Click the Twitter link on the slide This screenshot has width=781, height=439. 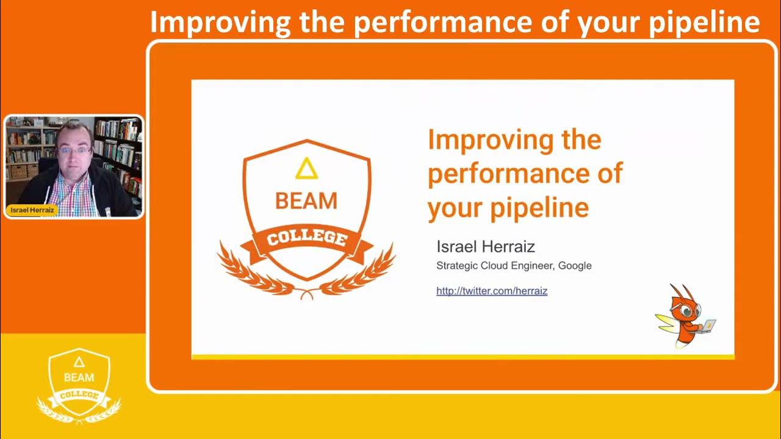tap(492, 291)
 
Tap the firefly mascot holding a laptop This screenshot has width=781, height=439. tap(685, 316)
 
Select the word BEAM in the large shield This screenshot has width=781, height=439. tap(306, 201)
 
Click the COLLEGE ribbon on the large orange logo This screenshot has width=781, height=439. tap(307, 238)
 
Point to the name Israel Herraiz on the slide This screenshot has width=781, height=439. tap(486, 247)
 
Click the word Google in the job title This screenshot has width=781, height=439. tap(575, 266)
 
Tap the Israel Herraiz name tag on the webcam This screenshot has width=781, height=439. tap(32, 210)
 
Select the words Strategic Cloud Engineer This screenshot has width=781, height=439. tap(495, 266)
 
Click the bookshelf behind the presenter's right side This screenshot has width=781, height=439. tap(119, 146)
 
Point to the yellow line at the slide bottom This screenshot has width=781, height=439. tap(462, 357)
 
